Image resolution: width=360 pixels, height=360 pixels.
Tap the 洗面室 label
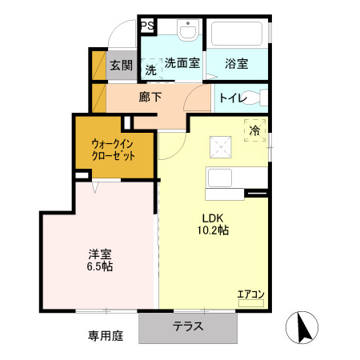tap(182, 64)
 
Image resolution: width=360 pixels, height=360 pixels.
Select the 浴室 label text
tap(237, 64)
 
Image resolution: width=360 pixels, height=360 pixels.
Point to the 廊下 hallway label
tap(150, 98)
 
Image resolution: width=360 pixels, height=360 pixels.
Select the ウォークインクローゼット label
tap(113, 150)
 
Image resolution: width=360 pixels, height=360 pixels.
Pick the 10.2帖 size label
tap(213, 230)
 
